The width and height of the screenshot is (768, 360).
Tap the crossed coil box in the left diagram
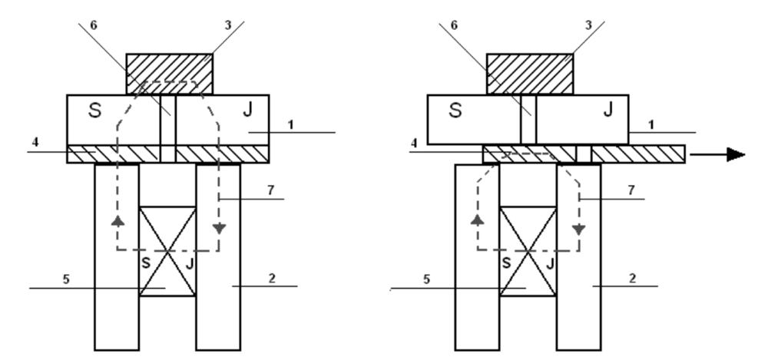tap(167, 250)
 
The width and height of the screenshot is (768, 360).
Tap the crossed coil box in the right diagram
tap(528, 250)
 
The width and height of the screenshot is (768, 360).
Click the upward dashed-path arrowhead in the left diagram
tap(118, 221)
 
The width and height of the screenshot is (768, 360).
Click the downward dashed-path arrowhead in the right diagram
tap(578, 229)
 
